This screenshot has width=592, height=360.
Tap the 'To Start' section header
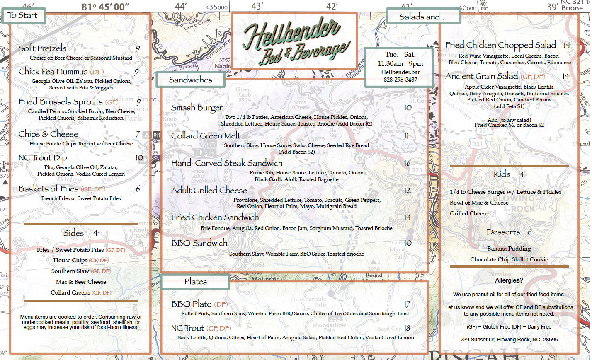pyautogui.click(x=23, y=16)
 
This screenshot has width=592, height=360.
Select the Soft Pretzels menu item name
pyautogui.click(x=42, y=48)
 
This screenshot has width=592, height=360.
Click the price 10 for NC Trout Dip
pyautogui.click(x=139, y=158)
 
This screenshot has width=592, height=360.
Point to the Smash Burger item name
pyautogui.click(x=197, y=108)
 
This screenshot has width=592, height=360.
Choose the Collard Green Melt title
pyautogui.click(x=206, y=136)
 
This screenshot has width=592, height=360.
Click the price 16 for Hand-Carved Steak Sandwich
pyautogui.click(x=407, y=163)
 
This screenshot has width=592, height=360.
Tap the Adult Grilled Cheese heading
pyautogui.click(x=209, y=191)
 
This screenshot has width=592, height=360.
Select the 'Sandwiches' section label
pyautogui.click(x=190, y=80)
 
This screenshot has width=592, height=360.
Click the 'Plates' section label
pyautogui.click(x=195, y=282)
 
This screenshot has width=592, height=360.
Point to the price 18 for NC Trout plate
pyautogui.click(x=407, y=328)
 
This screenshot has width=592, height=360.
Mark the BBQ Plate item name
pyautogui.click(x=191, y=304)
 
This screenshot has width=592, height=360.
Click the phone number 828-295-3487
pyautogui.click(x=400, y=80)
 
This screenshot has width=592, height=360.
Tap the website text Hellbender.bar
pyautogui.click(x=400, y=72)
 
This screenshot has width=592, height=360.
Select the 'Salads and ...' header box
pyautogui.click(x=424, y=17)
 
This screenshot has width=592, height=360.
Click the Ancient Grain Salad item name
pyautogui.click(x=482, y=76)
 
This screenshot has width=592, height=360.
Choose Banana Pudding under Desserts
pyautogui.click(x=509, y=249)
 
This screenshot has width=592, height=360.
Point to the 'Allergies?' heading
pyautogui.click(x=509, y=280)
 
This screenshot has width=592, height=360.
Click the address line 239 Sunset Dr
pyautogui.click(x=509, y=339)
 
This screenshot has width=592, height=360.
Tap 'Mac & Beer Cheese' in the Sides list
pyautogui.click(x=81, y=282)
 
